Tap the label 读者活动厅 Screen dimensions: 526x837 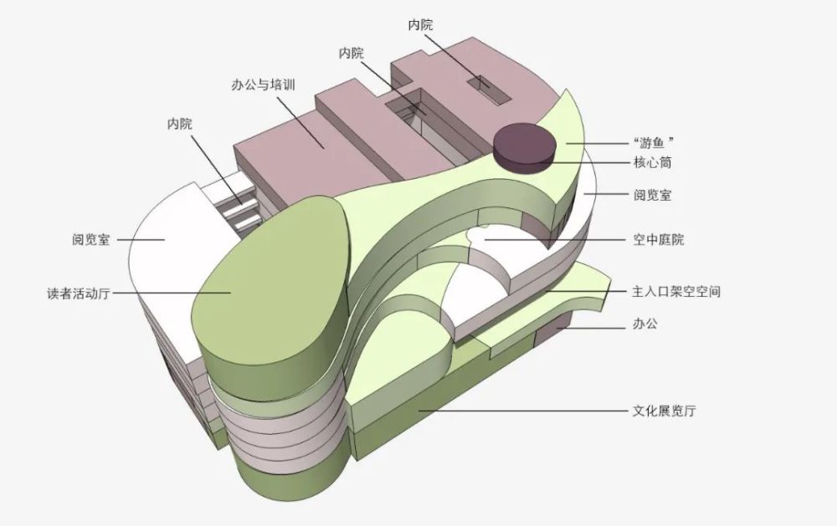(79, 294)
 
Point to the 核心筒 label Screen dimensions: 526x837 (653, 162)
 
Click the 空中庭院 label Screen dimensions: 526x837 (658, 240)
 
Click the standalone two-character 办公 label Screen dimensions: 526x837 (645, 323)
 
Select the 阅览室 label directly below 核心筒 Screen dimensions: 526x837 (652, 195)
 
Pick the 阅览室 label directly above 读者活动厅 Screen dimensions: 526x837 (90, 239)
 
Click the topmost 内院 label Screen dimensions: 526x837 (420, 25)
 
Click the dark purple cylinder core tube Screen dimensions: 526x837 (524, 145)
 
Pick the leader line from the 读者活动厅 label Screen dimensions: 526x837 (167, 293)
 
